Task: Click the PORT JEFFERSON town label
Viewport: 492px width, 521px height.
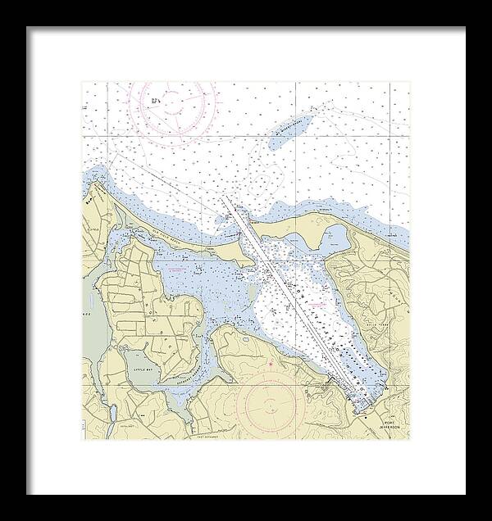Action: coord(394,428)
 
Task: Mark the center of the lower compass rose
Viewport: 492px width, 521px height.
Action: coord(269,404)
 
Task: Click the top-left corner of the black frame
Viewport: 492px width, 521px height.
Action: coord(27,27)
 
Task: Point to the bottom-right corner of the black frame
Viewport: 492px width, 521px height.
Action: coord(465,494)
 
